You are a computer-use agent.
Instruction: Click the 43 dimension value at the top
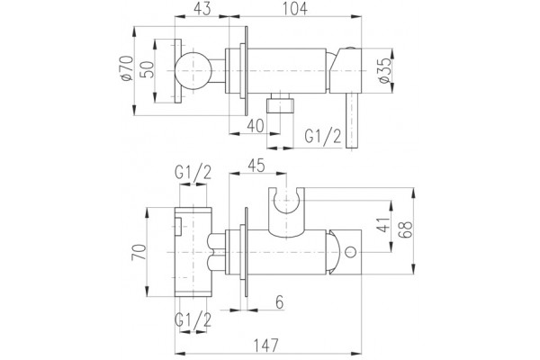(x=202, y=8)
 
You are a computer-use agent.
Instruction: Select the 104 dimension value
(x=295, y=8)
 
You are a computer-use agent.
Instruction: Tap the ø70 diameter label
(x=127, y=68)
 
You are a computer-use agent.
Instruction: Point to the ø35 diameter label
(x=384, y=70)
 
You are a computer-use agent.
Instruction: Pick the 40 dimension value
(x=256, y=126)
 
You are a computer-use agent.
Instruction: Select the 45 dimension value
(x=256, y=166)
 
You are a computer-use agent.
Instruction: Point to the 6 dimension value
(x=280, y=302)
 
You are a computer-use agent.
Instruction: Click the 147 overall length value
(x=265, y=346)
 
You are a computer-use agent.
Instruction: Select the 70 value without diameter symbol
(x=139, y=252)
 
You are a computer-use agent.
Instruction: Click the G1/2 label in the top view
(x=323, y=137)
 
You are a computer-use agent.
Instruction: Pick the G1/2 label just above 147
(x=193, y=320)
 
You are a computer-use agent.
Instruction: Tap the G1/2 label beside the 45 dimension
(x=193, y=172)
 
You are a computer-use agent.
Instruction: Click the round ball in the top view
(x=193, y=71)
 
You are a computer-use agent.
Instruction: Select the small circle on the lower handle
(x=351, y=252)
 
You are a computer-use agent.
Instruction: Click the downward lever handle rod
(x=352, y=121)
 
